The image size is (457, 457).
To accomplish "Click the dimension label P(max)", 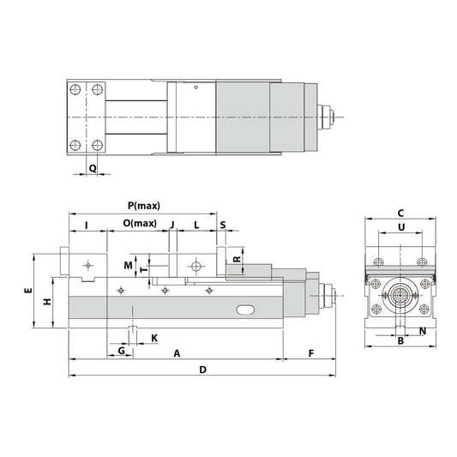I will pos(143,206).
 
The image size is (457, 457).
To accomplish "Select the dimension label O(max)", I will pos(139,224).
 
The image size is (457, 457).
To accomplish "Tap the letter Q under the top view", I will pos(93,169).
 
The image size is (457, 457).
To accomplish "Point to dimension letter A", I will pos(177,352).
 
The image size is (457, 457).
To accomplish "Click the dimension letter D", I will pos(202,370).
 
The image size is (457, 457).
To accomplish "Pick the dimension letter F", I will pos(310,352).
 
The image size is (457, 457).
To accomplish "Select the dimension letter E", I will pos(27,292).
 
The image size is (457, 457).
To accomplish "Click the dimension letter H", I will pos(48,302).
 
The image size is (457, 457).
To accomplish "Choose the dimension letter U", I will pos(400,227).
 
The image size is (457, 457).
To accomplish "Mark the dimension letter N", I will pos(423,330).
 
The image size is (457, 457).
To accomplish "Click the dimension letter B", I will pos(400,340).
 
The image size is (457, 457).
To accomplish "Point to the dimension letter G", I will pos(122,351).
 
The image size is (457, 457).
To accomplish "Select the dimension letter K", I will pos(153,337).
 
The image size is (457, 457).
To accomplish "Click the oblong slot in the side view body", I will pos(246,307).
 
